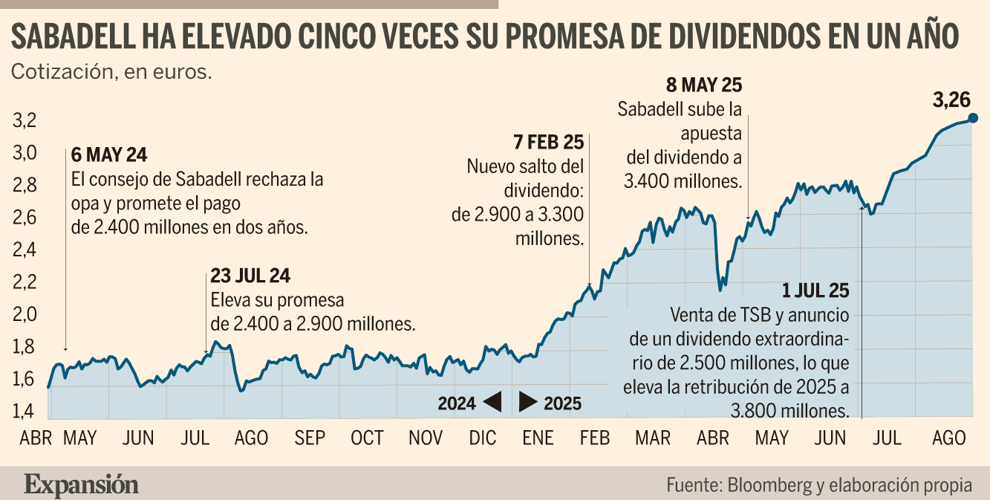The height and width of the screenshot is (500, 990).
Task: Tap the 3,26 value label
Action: coord(951,100)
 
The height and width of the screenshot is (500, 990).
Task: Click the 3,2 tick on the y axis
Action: coord(25,120)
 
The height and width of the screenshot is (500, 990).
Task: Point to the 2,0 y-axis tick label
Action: coord(25,314)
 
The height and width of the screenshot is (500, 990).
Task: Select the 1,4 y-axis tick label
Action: coord(24,412)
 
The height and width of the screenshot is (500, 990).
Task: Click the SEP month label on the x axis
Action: coord(310,438)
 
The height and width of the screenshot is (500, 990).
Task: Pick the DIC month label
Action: coord(483,438)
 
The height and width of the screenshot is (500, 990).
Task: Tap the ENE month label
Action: coord(538,438)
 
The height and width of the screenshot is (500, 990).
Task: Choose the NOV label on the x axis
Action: coord(425,438)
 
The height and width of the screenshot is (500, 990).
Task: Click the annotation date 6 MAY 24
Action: coord(109,155)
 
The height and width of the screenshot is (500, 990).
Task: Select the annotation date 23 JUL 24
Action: coord(250,276)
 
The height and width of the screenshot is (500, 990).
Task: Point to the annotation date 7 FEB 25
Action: coord(549,143)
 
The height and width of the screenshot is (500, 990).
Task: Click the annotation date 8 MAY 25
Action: coord(704,85)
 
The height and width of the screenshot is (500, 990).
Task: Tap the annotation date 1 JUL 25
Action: coord(815,291)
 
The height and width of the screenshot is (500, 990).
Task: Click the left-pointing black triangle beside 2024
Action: coord(493,401)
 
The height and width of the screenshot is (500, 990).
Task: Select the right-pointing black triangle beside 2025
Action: coord(528,401)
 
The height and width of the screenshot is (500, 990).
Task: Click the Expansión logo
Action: coord(81,485)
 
